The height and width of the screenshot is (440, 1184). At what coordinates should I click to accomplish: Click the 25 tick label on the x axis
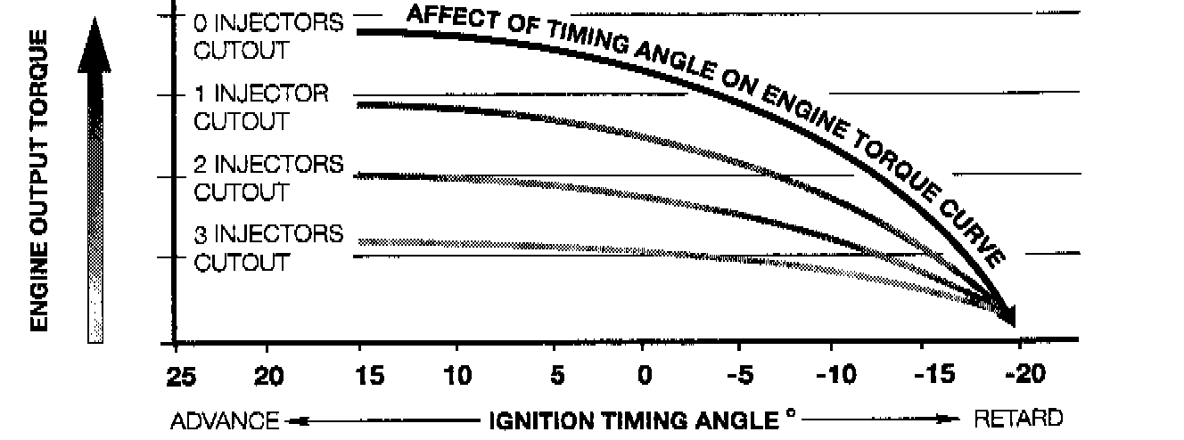[180, 377]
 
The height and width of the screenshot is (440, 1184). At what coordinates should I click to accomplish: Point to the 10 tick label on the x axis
[457, 377]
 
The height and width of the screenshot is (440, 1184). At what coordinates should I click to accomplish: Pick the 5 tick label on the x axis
[556, 377]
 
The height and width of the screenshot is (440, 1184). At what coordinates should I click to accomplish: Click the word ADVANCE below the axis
[224, 419]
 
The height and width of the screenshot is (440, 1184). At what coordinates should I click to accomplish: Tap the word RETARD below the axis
[1018, 419]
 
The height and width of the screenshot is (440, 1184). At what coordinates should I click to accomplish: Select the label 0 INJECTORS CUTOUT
[267, 37]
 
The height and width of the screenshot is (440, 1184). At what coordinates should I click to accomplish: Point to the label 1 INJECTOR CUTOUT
[260, 107]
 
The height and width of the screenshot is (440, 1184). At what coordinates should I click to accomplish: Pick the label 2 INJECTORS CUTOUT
[267, 178]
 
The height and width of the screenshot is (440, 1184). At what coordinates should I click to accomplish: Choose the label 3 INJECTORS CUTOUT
[267, 249]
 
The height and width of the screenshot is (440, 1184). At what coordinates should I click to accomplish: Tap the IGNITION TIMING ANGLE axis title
[635, 419]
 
